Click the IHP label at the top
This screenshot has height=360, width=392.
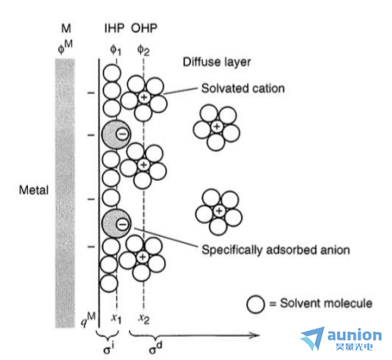(115, 28)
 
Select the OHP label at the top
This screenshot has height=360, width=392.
(144, 28)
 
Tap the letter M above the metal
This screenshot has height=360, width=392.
(66, 28)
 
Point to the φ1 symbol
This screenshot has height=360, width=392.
(115, 50)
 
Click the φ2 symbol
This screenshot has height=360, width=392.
(143, 50)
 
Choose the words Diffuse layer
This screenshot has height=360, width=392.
(216, 62)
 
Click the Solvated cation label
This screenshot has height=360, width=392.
(243, 88)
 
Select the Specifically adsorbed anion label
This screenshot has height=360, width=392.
(276, 250)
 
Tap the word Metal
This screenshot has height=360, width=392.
(34, 189)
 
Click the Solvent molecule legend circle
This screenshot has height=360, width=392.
(255, 304)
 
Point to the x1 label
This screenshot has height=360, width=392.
(116, 318)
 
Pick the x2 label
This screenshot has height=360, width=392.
(143, 318)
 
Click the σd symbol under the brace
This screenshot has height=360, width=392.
(156, 348)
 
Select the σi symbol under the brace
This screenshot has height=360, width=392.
(109, 348)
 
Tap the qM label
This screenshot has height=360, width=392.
(87, 319)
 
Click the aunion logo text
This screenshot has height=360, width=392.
(355, 335)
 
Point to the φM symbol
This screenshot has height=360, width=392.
(65, 47)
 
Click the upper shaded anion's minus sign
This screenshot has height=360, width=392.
(122, 134)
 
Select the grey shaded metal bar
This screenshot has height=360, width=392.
(65, 193)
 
